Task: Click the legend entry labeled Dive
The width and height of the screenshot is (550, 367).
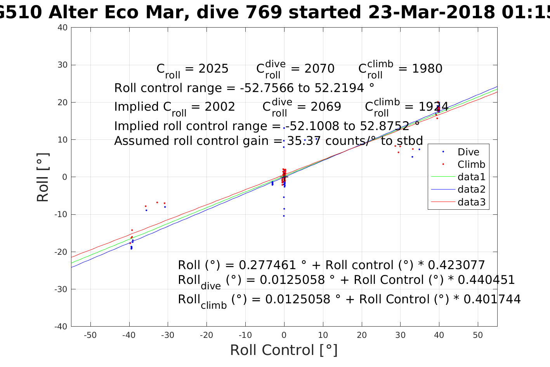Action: (x=468, y=152)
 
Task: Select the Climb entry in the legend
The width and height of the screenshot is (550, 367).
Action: (x=471, y=164)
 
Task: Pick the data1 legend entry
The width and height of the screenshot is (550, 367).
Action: (x=471, y=177)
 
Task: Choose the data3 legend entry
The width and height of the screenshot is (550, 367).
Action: (x=471, y=202)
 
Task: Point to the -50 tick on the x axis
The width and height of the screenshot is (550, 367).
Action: (x=90, y=335)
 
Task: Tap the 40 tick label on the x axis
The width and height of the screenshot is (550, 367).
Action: (x=439, y=335)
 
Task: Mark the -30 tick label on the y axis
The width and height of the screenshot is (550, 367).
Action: (x=61, y=289)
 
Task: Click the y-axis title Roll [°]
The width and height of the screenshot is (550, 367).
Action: (x=43, y=177)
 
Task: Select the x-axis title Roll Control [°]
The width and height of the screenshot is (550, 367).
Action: (x=284, y=350)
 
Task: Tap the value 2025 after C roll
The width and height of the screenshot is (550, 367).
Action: (x=213, y=69)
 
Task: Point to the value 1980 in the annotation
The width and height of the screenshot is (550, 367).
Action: (x=427, y=69)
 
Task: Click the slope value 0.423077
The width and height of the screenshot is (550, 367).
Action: (x=456, y=265)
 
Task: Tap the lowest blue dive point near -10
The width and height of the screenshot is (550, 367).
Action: (x=284, y=216)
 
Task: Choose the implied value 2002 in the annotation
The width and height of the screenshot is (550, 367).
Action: (x=220, y=107)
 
